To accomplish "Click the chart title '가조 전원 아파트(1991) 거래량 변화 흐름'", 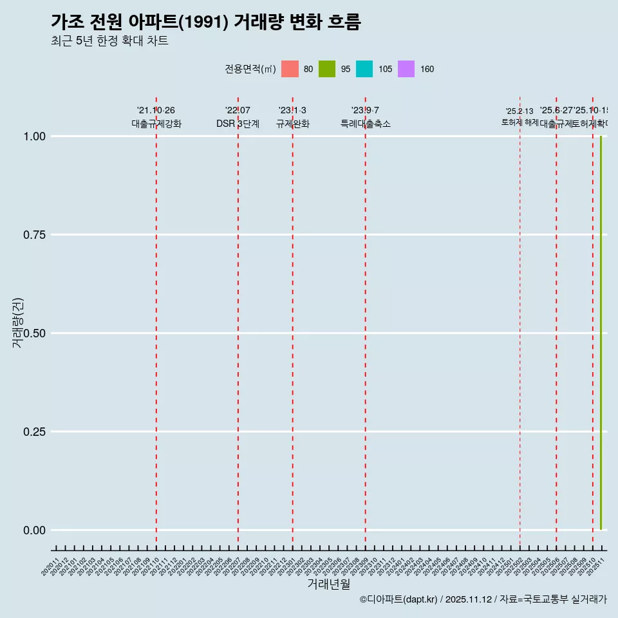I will point(205,23).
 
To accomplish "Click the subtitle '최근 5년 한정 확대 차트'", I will point(109,41).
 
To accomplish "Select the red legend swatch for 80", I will point(290,69).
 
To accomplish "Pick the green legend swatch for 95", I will point(327,69).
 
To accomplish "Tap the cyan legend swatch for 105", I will point(364,69).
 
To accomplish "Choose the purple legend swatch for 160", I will point(406,69).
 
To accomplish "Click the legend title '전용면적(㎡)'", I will point(250,69).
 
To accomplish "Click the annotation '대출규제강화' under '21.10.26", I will point(156,124).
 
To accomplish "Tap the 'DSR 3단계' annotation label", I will point(238,124).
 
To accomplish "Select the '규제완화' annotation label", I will point(293,124).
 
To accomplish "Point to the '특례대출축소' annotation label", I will point(366,124).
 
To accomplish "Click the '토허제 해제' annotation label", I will point(520,122).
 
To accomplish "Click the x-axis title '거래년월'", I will point(328,584).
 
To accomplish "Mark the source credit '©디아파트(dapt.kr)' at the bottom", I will point(398,599).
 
